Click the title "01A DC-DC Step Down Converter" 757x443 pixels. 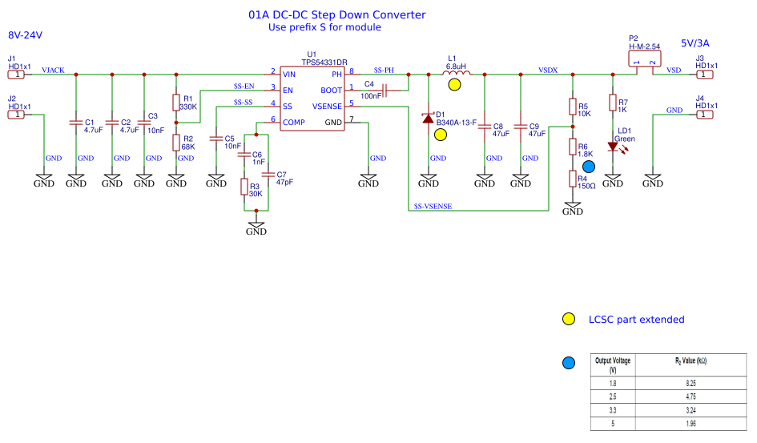336,15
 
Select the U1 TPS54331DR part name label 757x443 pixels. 324,62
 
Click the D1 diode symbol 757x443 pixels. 428,118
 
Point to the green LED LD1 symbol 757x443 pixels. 613,146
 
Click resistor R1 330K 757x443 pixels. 176,103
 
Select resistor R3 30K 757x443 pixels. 244,187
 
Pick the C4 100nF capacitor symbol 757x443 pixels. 385,91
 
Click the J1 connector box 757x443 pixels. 16,75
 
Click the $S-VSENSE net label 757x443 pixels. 433,207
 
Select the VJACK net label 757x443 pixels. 53,70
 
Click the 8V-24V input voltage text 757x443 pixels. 25,36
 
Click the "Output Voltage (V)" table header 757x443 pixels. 612,365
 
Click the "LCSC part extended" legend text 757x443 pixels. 636,320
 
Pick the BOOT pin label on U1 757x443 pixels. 331,91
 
